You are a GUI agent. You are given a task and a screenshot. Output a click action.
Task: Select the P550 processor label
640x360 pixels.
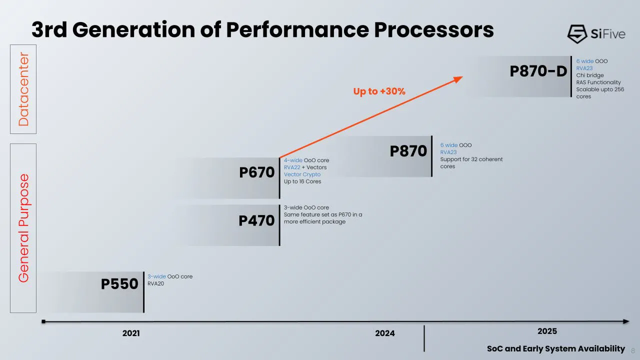(119, 284)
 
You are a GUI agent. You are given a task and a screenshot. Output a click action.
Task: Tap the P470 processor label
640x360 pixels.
(256, 220)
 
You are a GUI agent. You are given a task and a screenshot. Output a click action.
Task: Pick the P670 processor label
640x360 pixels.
(256, 172)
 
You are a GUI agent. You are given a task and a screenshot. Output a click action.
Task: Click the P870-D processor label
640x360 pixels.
(538, 71)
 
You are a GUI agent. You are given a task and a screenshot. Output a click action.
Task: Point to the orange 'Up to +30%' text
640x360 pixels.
(379, 91)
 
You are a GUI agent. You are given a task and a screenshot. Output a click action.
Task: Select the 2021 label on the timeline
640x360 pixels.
(131, 333)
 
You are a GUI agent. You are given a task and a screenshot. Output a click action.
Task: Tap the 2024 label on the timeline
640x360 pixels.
(384, 333)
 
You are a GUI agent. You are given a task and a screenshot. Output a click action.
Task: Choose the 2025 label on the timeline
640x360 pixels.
(547, 331)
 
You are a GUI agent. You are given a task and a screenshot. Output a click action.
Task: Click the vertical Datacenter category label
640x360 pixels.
(23, 89)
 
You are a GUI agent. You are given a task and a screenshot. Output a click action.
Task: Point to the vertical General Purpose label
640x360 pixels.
(23, 228)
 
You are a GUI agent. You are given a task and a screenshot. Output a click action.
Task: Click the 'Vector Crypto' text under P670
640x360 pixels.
(302, 174)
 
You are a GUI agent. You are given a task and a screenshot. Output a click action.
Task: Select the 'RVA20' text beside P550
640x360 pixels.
(155, 283)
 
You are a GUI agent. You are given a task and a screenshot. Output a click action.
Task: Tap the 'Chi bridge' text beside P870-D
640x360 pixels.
(589, 75)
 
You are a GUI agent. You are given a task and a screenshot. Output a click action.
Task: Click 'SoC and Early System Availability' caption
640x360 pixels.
(555, 349)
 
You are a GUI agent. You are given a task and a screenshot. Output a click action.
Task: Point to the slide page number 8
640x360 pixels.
(633, 350)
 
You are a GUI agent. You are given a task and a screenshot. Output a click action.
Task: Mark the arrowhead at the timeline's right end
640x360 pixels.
(626, 321)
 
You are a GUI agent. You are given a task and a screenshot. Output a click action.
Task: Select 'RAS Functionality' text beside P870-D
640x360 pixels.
(598, 82)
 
